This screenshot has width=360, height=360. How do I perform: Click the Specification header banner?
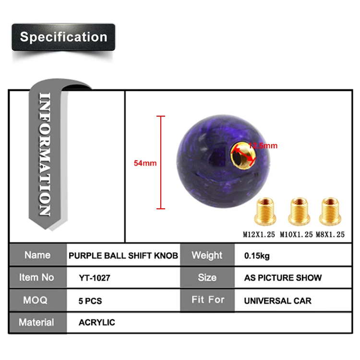click(63, 37)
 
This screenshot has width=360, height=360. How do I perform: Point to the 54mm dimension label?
click(145, 163)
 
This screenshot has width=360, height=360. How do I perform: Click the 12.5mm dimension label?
click(263, 145)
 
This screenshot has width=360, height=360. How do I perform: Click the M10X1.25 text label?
click(296, 235)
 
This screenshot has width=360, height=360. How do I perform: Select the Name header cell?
click(37, 255)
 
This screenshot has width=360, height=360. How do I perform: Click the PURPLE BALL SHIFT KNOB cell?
click(123, 255)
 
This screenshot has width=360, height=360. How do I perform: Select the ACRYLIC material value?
click(97, 323)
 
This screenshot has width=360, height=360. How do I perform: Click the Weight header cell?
click(207, 255)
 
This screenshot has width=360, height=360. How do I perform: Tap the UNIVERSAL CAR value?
click(277, 301)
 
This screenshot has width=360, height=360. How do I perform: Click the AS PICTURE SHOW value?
click(283, 278)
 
